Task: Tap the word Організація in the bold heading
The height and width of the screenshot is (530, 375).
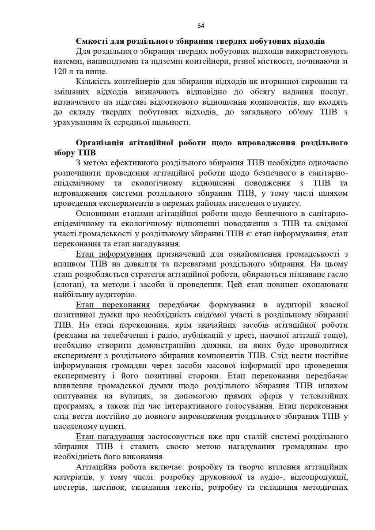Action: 102,143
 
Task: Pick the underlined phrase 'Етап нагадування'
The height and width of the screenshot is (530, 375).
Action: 110,437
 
